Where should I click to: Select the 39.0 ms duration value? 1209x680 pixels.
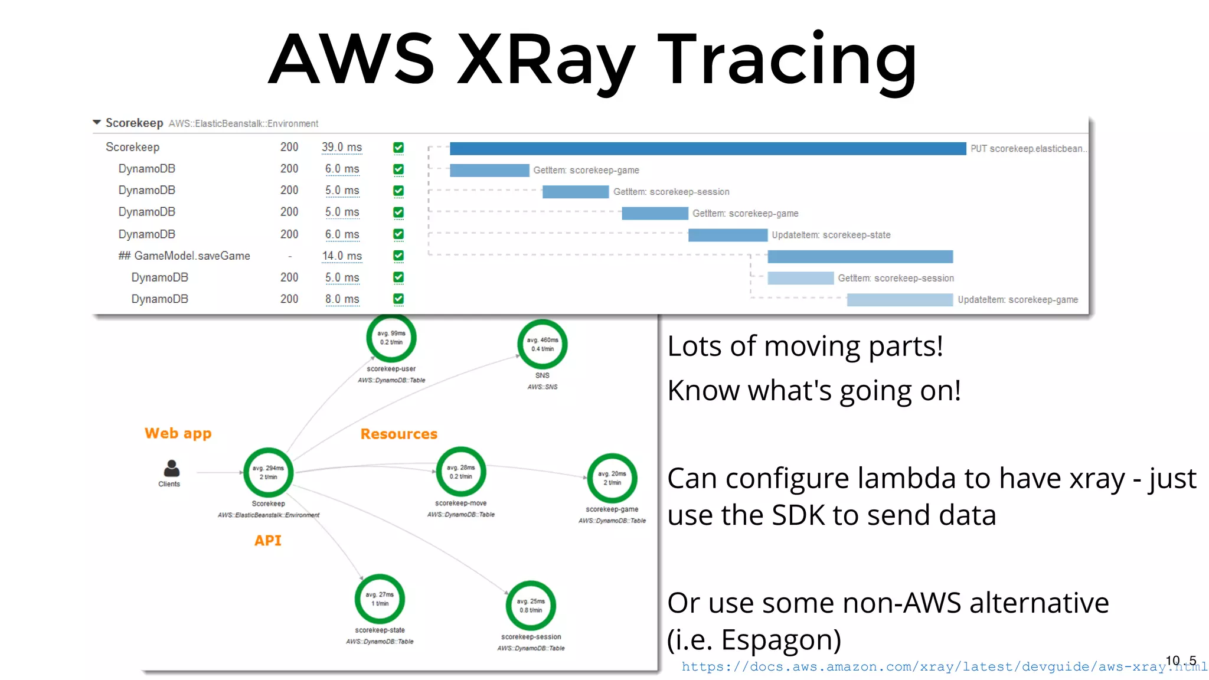pyautogui.click(x=342, y=147)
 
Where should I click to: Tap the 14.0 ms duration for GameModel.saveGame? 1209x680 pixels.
pyautogui.click(x=342, y=256)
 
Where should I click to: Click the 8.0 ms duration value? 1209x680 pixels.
pyautogui.click(x=342, y=299)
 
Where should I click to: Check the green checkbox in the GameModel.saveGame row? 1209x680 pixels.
pyautogui.click(x=398, y=256)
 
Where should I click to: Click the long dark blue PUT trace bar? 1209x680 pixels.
pyautogui.click(x=707, y=149)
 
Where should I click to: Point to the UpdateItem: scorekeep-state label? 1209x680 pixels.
pyautogui.click(x=831, y=235)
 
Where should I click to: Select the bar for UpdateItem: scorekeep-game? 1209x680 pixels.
pyautogui.click(x=899, y=300)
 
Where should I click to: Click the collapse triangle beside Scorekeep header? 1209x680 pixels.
pyautogui.click(x=97, y=123)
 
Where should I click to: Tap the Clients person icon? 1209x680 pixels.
pyautogui.click(x=171, y=469)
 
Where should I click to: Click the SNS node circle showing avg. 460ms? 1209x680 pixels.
pyautogui.click(x=542, y=345)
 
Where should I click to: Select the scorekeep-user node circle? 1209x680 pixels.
pyautogui.click(x=391, y=338)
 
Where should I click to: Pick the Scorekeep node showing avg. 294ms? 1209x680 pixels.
pyautogui.click(x=269, y=472)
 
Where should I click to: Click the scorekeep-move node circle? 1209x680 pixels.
pyautogui.click(x=460, y=472)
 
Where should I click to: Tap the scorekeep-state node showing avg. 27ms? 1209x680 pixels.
pyautogui.click(x=380, y=599)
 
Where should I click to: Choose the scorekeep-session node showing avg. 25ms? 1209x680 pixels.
pyautogui.click(x=530, y=606)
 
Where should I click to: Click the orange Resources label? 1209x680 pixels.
pyautogui.click(x=398, y=434)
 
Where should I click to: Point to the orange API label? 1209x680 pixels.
pyautogui.click(x=267, y=541)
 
